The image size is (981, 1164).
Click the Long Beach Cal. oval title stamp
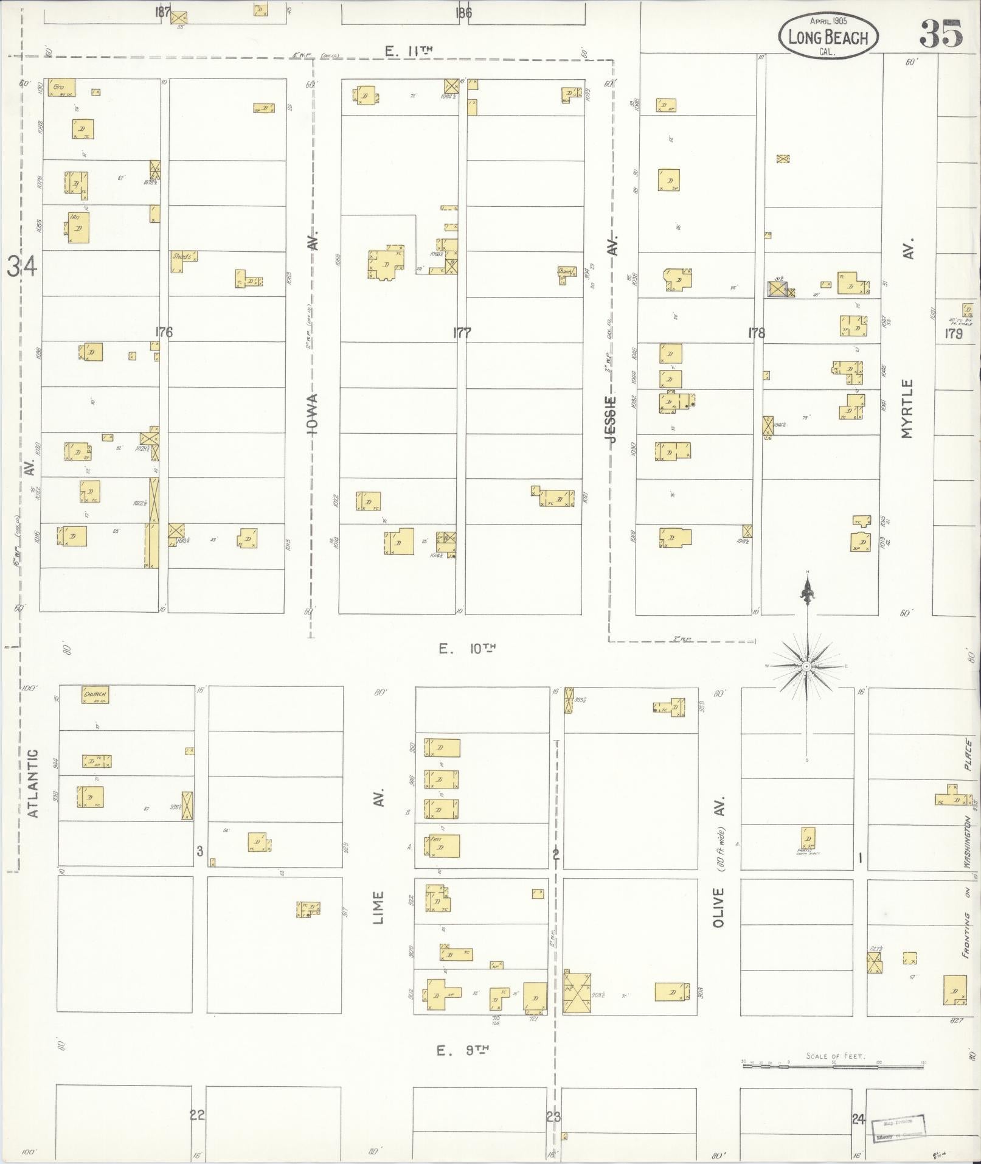pos(828,37)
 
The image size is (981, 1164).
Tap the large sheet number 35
pos(940,33)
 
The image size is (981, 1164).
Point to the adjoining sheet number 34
pos(23,267)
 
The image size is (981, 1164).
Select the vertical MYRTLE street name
pos(908,409)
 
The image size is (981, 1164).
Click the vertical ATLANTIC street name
pos(33,782)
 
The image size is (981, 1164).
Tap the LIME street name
pos(379,907)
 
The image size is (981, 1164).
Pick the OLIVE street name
pos(719,907)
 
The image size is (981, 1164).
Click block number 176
pos(164,332)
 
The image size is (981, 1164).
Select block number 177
pos(462,332)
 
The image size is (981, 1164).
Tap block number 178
pos(757,333)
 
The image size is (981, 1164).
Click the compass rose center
pos(806,667)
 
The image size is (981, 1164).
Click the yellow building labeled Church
pos(95,694)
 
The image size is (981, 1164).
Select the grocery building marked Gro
pos(61,88)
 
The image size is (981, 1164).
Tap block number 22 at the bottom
pos(197,1115)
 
